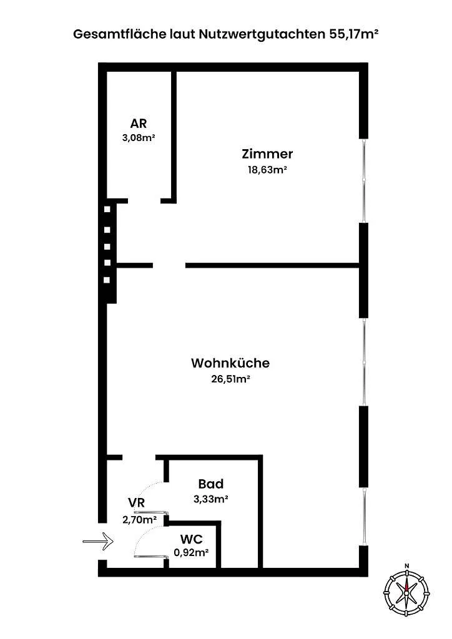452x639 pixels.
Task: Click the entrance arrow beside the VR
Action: (x=98, y=541)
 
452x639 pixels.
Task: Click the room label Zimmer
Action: (x=267, y=154)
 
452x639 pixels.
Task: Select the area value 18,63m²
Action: (x=267, y=170)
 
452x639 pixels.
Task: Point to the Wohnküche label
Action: (x=230, y=363)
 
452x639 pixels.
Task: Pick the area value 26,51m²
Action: (x=230, y=379)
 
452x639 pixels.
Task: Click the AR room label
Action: (x=139, y=123)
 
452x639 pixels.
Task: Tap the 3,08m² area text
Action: (x=139, y=137)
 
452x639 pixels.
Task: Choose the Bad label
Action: (x=211, y=484)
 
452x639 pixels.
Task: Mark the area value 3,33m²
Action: (x=211, y=499)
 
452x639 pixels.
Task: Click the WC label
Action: (x=192, y=539)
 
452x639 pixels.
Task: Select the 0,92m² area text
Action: (x=192, y=553)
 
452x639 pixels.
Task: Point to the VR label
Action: (x=137, y=502)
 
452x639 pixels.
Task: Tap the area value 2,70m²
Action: (x=140, y=520)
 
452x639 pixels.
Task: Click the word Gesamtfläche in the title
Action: (x=120, y=34)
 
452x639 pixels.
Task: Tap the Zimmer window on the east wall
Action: (x=363, y=180)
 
